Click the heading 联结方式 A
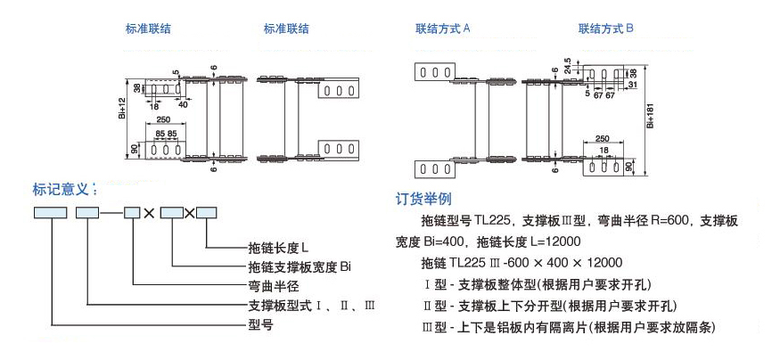coord(443,29)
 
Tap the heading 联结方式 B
coord(606,29)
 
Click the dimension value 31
coord(632,86)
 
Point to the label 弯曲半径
coord(268,287)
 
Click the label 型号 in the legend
coord(259,325)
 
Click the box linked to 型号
coord(50,213)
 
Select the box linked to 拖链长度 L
coord(206,213)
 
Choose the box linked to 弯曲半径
coord(132,213)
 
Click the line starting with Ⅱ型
coord(538,306)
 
